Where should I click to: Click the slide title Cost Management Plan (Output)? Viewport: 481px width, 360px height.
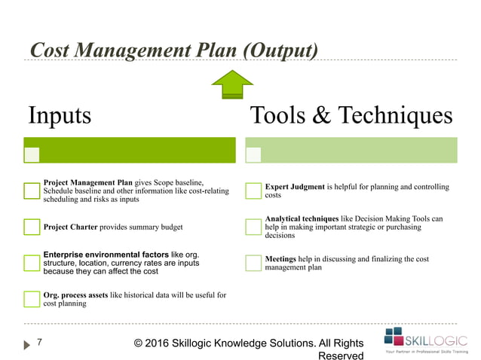point(173,50)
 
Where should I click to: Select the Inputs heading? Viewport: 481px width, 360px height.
point(60,116)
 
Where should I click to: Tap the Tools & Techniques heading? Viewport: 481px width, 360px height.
point(351,116)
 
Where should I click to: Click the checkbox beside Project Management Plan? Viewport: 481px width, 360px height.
point(32,191)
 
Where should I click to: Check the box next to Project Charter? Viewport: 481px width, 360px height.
point(32,227)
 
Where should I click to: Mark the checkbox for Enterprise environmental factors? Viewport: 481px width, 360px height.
point(32,264)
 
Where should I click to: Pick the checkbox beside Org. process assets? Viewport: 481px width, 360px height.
point(32,299)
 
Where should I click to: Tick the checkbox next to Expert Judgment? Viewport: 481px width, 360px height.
point(253,191)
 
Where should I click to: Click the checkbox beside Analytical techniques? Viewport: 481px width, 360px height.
point(253,227)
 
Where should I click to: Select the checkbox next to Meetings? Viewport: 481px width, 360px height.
point(253,263)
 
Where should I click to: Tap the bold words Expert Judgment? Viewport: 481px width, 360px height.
point(295,187)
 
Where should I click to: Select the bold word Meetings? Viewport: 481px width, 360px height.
point(281,259)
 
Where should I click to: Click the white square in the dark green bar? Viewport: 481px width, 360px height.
point(32,154)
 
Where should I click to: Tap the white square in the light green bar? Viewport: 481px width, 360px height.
point(253,154)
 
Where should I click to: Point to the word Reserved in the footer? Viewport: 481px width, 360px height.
point(341,355)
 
